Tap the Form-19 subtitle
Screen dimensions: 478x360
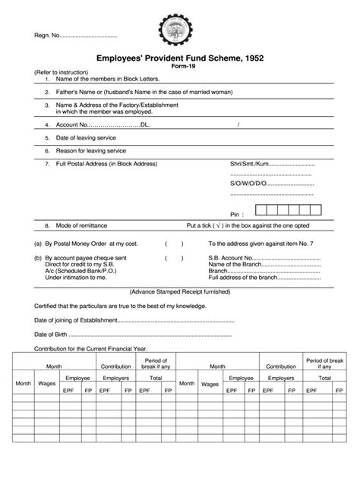pos(179,67)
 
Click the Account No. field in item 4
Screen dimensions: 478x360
pos(114,124)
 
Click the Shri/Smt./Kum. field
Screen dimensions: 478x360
pos(272,164)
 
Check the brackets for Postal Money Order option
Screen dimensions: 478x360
pos(174,244)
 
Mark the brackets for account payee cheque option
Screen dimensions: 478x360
pos(174,259)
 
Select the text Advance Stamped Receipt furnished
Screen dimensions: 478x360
pos(178,291)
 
